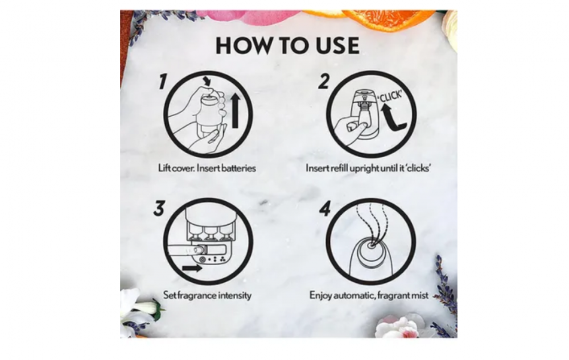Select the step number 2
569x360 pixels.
[324, 81]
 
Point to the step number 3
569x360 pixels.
[159, 209]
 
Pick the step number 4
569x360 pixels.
[325, 209]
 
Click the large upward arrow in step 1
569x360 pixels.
[235, 110]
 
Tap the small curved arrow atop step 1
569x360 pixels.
[207, 80]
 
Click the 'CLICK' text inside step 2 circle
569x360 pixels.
[390, 96]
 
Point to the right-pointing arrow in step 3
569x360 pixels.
[192, 268]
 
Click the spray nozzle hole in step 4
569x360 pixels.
[370, 246]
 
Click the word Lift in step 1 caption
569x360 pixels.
[164, 168]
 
